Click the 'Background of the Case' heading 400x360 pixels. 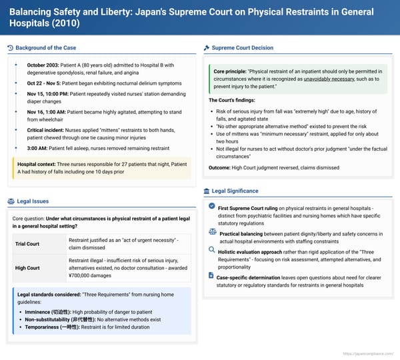[46, 47]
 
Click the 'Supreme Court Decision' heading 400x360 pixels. [242, 47]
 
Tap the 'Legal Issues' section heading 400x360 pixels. [33, 201]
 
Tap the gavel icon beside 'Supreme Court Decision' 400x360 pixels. [207, 47]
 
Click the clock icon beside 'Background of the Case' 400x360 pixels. [10, 47]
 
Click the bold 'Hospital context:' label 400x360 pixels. [38, 163]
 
